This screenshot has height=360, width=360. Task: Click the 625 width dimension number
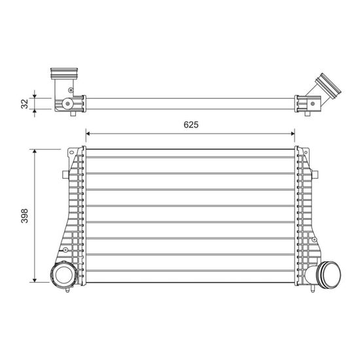[191, 124]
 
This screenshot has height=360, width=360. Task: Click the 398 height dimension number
[25, 215]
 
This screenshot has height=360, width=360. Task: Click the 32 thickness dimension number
[25, 103]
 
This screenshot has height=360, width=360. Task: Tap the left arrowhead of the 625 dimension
[88, 134]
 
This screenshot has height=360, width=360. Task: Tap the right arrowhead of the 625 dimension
[293, 134]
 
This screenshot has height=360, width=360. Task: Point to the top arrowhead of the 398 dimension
[35, 151]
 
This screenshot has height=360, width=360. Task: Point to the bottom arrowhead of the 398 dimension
[35, 280]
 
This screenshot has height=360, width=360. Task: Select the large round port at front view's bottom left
[64, 274]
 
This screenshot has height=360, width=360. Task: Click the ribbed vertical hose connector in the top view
[64, 73]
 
